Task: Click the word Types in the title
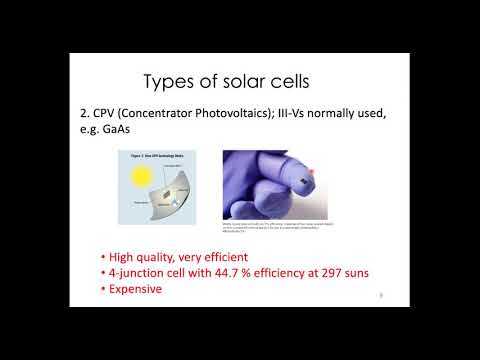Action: pyautogui.click(x=171, y=81)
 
